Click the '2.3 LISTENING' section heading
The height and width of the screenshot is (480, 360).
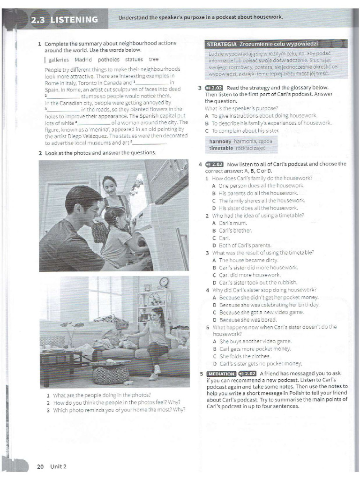(64, 19)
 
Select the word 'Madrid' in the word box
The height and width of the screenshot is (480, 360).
(83, 60)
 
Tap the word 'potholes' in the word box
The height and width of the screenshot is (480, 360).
(109, 60)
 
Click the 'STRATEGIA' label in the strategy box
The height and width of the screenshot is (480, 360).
(221, 45)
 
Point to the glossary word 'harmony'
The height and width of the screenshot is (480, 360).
(220, 141)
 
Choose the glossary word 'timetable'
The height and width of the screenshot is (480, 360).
(221, 148)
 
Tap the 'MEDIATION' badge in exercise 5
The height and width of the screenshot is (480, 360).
(220, 374)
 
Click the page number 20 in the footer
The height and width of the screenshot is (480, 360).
(41, 466)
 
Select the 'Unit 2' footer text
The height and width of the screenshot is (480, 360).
(59, 466)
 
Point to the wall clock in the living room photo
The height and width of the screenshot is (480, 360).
(164, 282)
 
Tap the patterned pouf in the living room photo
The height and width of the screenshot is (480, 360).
(111, 374)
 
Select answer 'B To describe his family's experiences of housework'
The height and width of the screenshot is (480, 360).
(268, 123)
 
